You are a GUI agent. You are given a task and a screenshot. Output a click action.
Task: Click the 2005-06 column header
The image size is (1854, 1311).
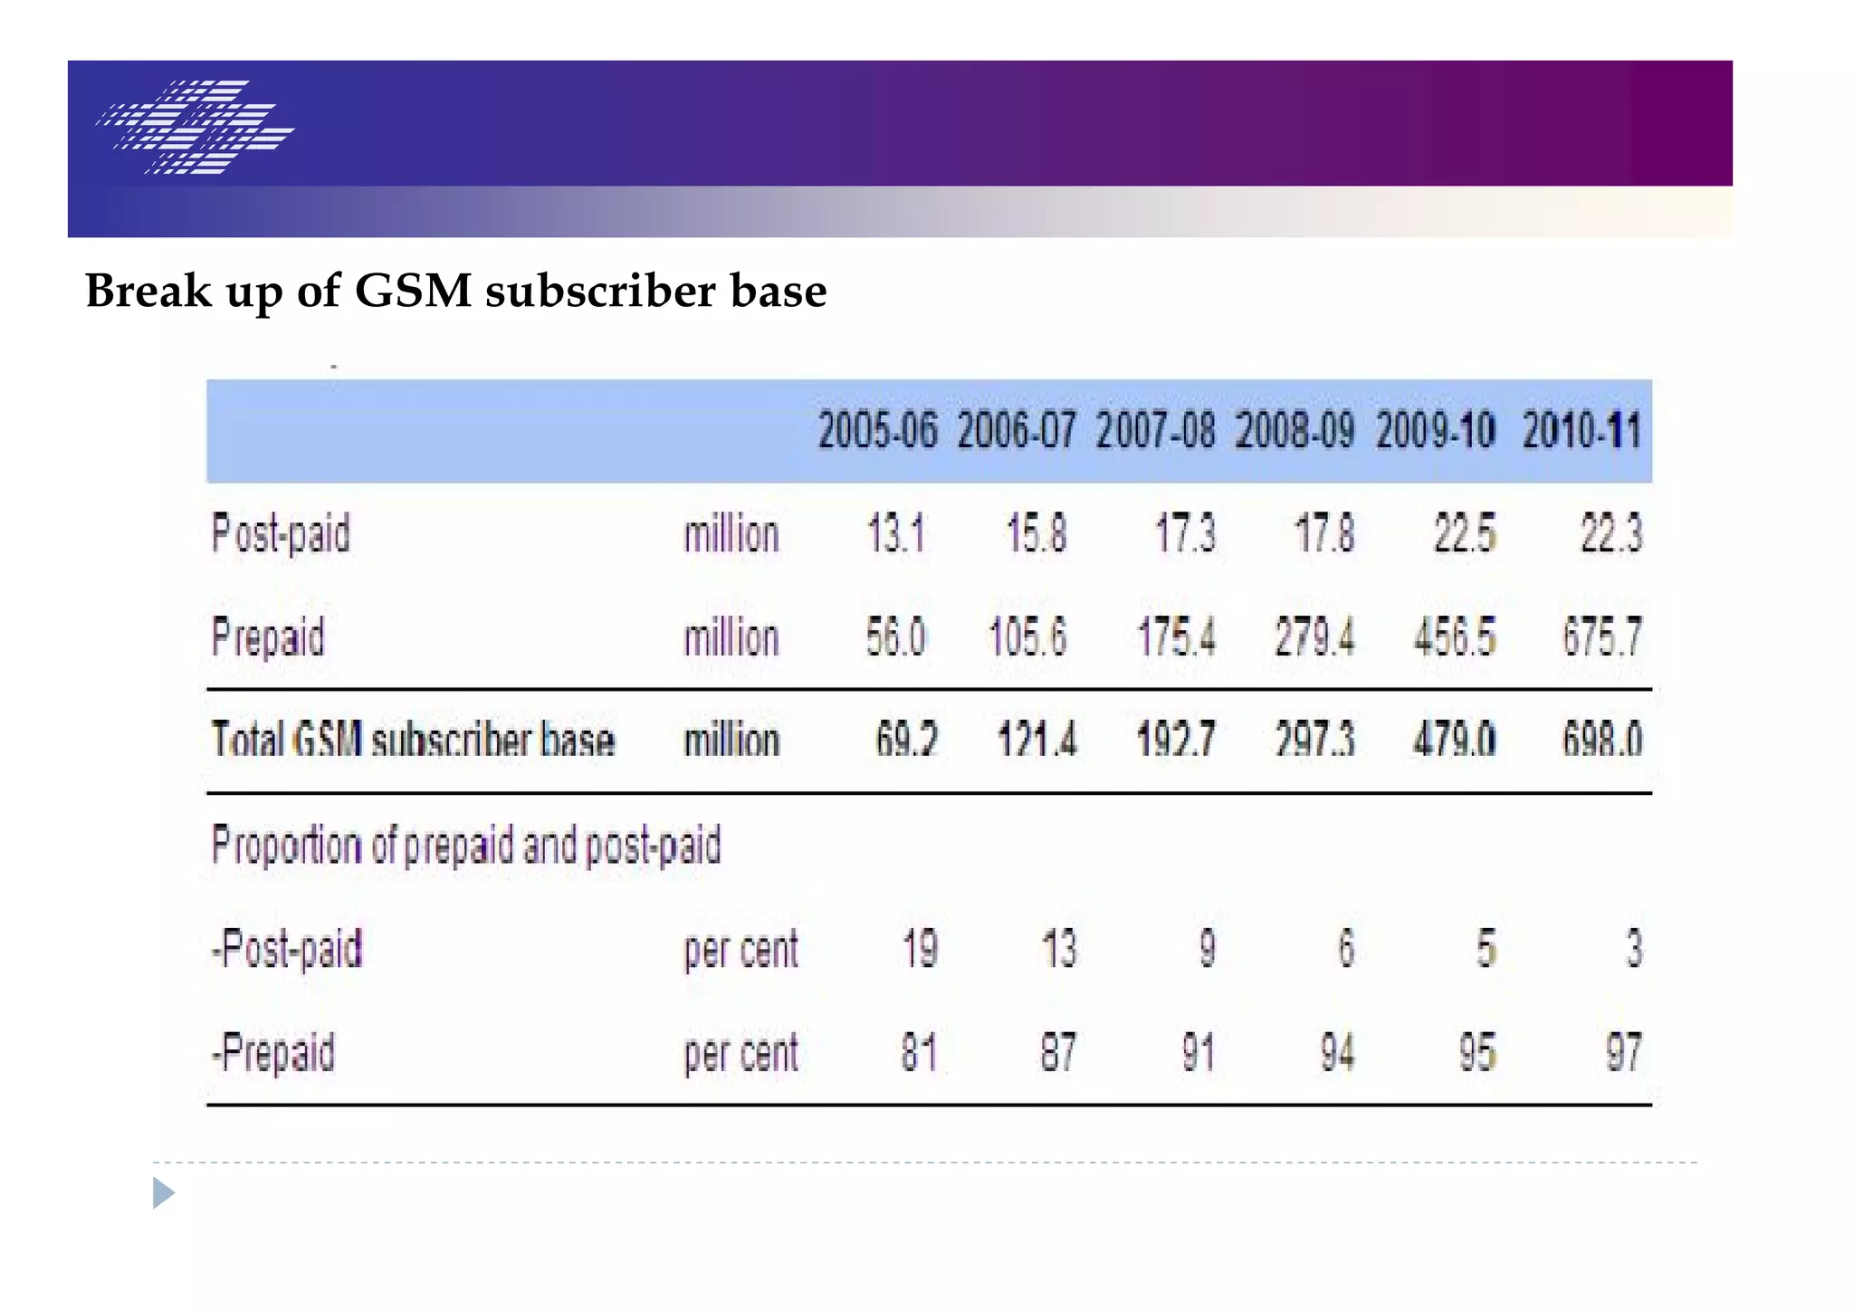877,430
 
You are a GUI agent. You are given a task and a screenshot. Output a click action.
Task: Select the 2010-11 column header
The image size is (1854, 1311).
1581,430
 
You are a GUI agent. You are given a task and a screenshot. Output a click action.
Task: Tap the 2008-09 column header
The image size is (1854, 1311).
1295,430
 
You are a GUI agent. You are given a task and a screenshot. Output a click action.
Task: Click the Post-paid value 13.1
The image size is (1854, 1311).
896,533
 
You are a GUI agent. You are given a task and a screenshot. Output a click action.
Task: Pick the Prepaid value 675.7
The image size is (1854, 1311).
1601,636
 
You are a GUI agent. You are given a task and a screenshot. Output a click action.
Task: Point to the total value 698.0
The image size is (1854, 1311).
1601,740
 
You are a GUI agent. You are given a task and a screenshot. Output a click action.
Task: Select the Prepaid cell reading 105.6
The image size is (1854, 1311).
1027,636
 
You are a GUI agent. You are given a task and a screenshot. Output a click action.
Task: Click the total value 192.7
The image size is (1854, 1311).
1175,740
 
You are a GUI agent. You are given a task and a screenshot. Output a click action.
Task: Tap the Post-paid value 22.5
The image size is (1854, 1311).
1465,533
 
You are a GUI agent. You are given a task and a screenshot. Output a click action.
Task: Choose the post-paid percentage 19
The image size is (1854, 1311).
920,949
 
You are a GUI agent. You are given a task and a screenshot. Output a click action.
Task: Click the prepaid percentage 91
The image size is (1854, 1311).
1198,1053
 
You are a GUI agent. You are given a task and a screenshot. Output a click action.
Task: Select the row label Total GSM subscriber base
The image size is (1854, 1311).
413,740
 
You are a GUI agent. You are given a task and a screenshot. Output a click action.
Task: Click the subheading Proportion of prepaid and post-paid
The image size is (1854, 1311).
466,846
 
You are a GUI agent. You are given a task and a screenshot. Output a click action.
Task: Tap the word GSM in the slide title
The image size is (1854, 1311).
413,292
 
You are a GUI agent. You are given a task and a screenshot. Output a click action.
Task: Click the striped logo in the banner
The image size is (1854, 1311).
196,127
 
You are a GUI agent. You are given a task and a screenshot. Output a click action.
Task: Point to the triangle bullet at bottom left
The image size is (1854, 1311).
163,1192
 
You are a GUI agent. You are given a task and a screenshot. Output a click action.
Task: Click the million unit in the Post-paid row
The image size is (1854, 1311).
731,534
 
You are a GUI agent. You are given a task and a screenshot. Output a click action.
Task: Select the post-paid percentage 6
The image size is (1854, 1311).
1346,949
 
